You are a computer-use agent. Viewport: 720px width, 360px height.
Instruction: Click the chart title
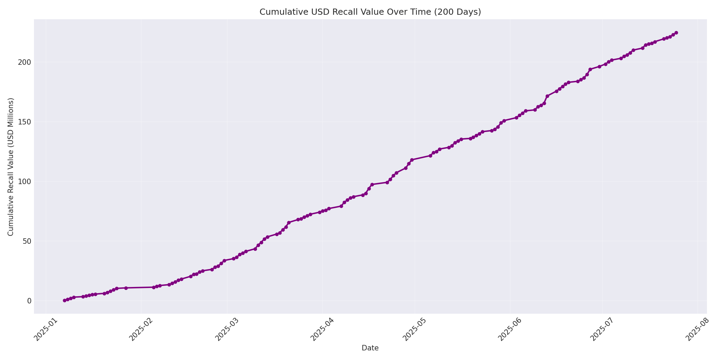370,12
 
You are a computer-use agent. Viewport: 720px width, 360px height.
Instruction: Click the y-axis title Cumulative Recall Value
11,167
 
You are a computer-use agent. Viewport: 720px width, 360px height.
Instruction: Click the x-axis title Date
370,348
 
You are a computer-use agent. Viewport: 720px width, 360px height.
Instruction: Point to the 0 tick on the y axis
29,301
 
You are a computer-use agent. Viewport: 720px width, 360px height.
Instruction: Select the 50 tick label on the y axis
27,241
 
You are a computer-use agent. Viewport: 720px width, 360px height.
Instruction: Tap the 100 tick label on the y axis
25,181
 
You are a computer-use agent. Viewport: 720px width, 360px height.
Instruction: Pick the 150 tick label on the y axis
25,122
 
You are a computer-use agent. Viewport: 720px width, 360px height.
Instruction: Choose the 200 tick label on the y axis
25,62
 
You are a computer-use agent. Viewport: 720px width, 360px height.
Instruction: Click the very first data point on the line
64,300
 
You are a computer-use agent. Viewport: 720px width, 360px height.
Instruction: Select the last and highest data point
676,33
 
